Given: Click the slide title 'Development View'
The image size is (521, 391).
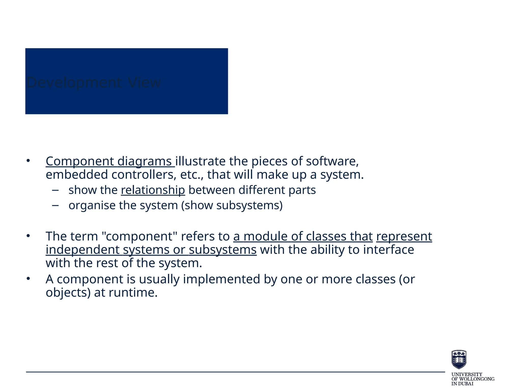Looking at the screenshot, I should click(94, 82).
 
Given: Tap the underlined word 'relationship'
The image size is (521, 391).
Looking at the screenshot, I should click(153, 190).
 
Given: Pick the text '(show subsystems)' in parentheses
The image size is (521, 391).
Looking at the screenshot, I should click(232, 205).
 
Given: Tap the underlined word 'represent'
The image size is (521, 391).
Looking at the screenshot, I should click(404, 236).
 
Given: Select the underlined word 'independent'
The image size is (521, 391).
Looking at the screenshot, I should click(82, 249).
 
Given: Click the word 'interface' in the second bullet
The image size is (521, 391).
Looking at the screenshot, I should click(388, 249).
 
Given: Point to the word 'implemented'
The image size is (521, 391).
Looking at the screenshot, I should click(221, 279).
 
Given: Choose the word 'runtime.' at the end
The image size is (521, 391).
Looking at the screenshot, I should click(133, 292).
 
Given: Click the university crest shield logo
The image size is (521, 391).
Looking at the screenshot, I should click(459, 359).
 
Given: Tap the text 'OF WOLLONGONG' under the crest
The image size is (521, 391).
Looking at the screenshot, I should click(473, 379).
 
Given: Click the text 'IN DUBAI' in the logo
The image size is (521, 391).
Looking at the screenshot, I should click(462, 384).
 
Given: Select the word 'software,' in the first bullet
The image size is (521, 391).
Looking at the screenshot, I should click(332, 161).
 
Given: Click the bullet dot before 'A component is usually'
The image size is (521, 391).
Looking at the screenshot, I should click(28, 279).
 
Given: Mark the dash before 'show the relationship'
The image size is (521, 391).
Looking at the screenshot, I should click(55, 190).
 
